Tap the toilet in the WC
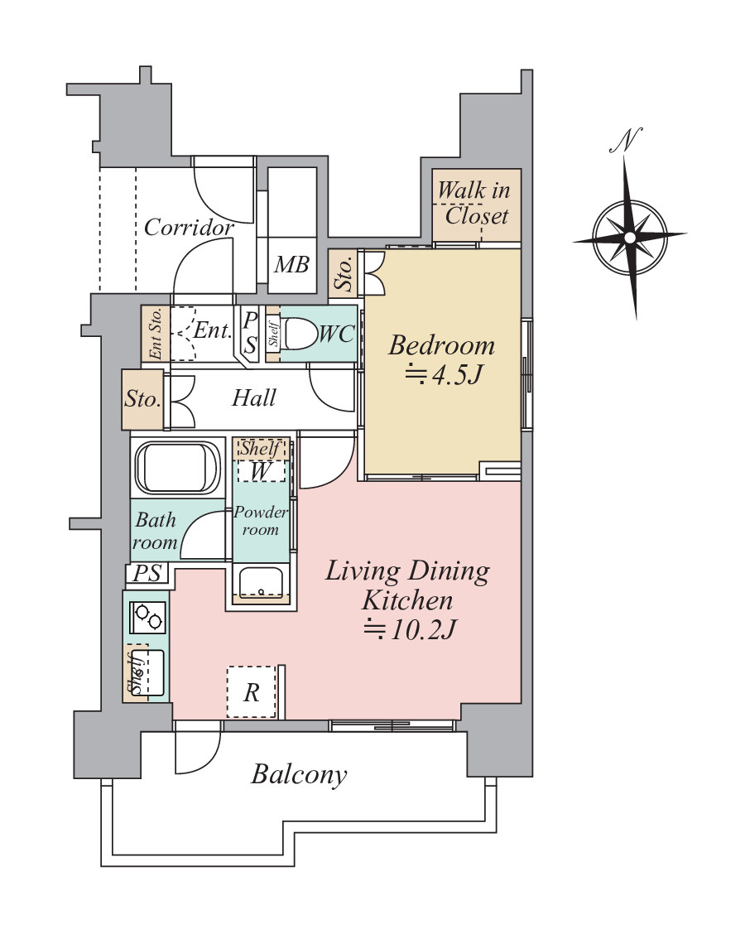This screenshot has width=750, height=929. tap(301, 335)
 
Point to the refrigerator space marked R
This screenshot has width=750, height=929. tap(252, 691)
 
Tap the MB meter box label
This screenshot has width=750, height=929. tap(291, 264)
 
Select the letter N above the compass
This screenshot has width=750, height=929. tap(626, 139)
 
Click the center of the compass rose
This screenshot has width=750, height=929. tap(630, 238)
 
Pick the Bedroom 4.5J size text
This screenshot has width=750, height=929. tap(441, 374)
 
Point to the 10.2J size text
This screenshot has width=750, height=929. tap(409, 629)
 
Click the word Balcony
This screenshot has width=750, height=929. tap(299, 774)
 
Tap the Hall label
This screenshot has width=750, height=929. tap(254, 397)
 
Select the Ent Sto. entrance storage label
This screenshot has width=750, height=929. tap(155, 334)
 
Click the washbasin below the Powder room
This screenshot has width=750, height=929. tap(261, 580)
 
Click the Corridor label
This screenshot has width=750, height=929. tap(189, 227)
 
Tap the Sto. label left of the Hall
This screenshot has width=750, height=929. tap(142, 398)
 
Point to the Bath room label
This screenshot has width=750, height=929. tap(155, 531)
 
